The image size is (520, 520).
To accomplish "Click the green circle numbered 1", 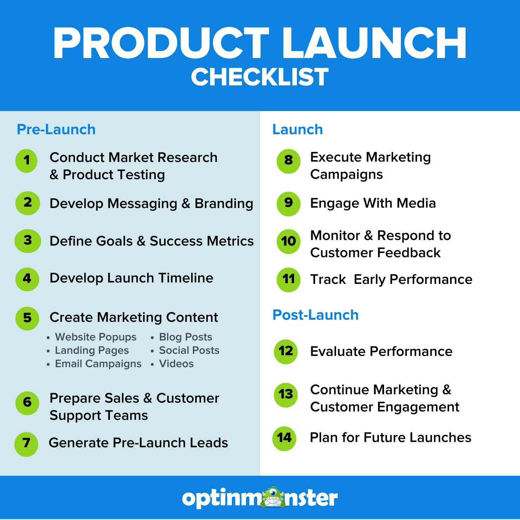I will click(x=27, y=161).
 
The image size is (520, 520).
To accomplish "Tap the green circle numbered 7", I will click(x=26, y=444).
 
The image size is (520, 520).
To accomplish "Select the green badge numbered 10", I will click(x=288, y=241).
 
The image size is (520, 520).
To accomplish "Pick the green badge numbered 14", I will click(x=284, y=438).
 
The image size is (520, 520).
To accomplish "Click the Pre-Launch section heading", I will click(x=56, y=130).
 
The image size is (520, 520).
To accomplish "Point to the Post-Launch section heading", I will click(x=316, y=315).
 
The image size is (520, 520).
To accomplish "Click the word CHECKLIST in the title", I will click(x=260, y=77).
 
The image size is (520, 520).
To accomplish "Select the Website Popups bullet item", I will click(x=96, y=337).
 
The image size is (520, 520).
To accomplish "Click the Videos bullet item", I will click(x=176, y=364).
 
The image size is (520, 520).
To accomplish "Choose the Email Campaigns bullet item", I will click(x=98, y=364).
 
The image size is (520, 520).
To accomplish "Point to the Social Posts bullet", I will click(x=189, y=350).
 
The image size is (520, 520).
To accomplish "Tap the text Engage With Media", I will click(x=373, y=203).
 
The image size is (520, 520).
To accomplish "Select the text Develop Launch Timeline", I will click(x=131, y=278).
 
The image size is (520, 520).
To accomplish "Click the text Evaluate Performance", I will click(x=381, y=351).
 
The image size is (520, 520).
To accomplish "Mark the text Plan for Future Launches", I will click(x=390, y=438).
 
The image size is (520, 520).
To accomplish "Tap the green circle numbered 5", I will click(x=27, y=318).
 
